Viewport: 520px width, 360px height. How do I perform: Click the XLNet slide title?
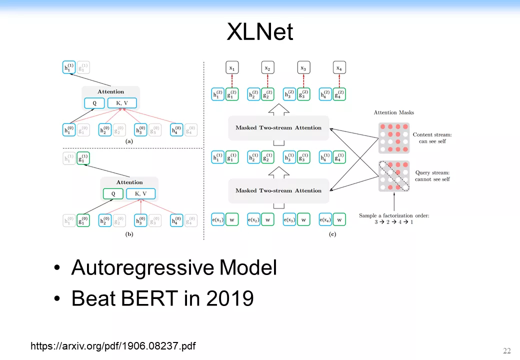[x=259, y=32]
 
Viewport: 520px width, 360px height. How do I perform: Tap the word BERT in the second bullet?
[x=149, y=298]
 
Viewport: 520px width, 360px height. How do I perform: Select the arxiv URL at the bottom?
[x=113, y=346]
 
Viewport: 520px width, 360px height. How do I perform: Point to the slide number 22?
[x=506, y=350]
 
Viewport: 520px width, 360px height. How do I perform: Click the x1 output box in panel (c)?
[x=232, y=67]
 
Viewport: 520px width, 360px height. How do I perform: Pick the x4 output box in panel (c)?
[x=339, y=67]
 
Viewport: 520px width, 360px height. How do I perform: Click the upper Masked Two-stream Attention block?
[x=278, y=127]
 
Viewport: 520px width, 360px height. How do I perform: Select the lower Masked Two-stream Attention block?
[x=278, y=190]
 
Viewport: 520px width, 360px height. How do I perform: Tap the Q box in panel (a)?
[x=94, y=103]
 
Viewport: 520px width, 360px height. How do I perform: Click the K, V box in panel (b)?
[x=140, y=193]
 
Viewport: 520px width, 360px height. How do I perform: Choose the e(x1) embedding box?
[x=217, y=219]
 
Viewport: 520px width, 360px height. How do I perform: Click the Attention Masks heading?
[x=393, y=112]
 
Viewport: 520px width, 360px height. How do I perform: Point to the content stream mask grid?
[x=394, y=138]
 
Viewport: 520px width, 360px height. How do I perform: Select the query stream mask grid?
[x=394, y=176]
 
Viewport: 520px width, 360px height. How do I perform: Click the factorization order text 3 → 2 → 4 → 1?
[x=393, y=222]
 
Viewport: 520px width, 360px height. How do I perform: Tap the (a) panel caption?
[x=129, y=141]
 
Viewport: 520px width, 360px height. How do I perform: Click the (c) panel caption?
[x=332, y=234]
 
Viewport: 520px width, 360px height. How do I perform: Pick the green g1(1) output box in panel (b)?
[x=83, y=158]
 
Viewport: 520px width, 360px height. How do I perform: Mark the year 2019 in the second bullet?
[x=230, y=298]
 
